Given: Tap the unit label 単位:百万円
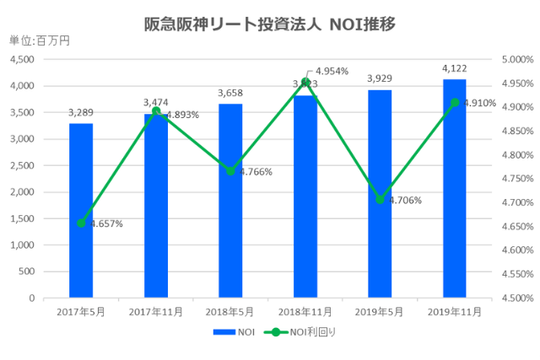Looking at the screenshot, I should tap(39, 40).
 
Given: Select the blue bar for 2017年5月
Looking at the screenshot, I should tap(81, 211).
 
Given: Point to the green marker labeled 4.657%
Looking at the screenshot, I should tap(81, 223).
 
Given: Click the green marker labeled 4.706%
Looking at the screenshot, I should tap(380, 200).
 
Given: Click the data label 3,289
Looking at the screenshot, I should tap(81, 112).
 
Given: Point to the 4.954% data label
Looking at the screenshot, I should tap(331, 71).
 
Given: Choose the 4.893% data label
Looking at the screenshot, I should tap(182, 115).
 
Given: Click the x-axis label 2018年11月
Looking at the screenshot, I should tap(305, 311).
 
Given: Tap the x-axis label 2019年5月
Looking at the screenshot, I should tap(380, 311).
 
